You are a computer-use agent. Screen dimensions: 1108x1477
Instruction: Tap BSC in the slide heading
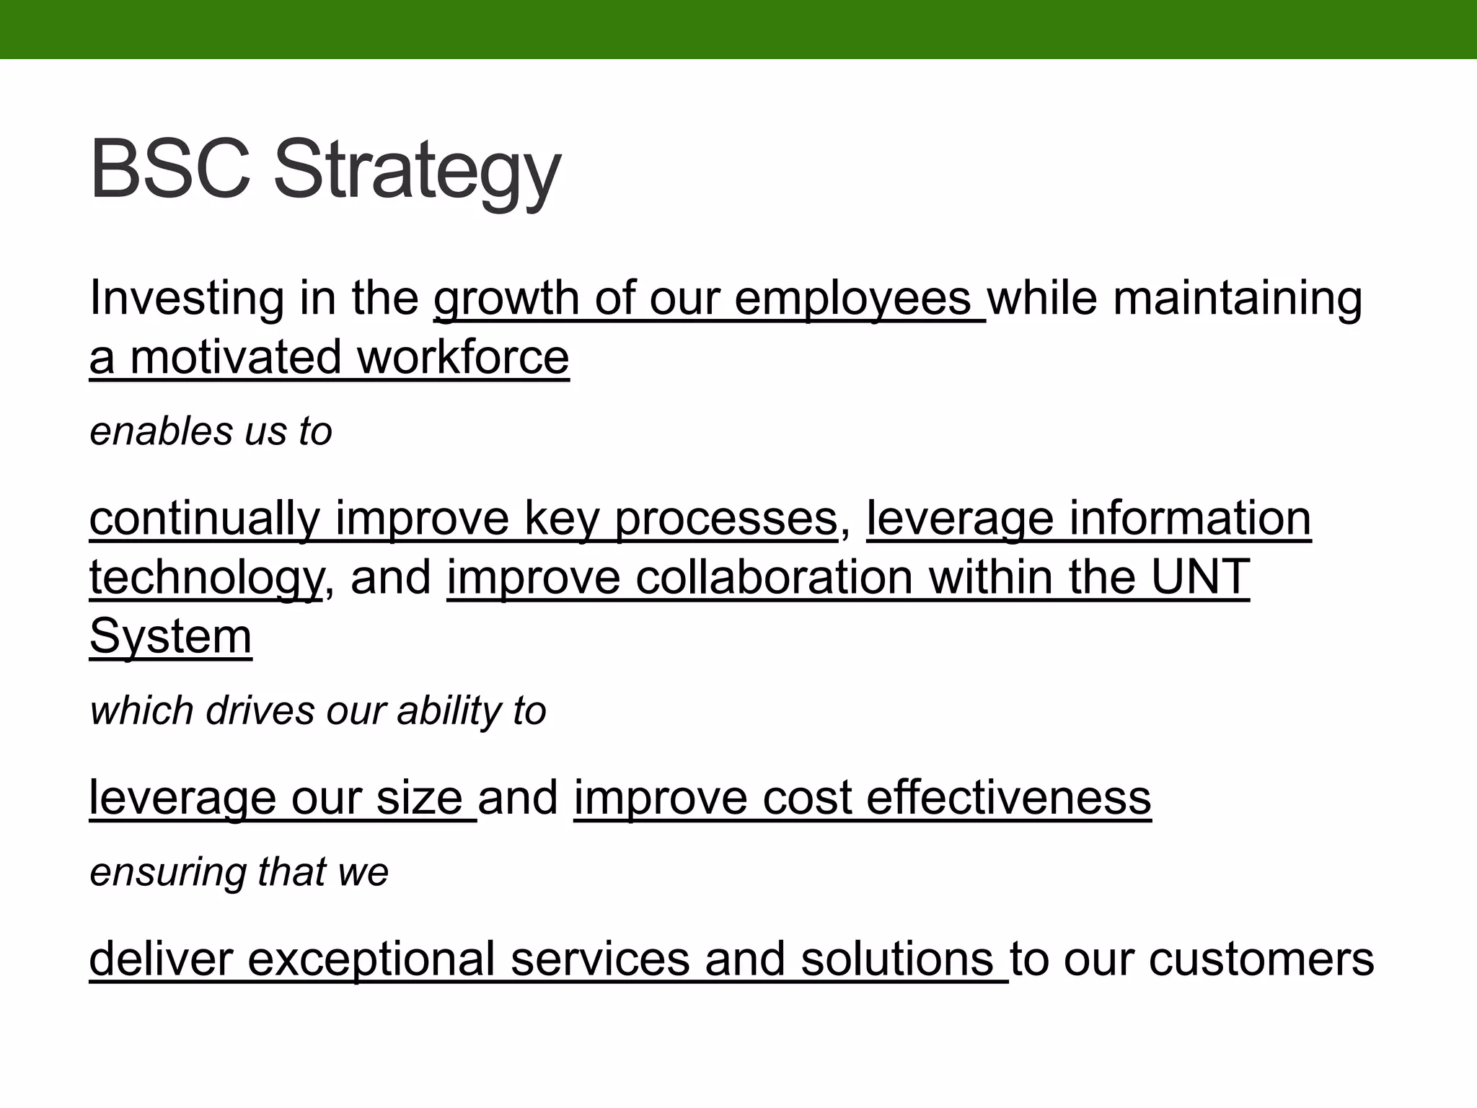pos(170,170)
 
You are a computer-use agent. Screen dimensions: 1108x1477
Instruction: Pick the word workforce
pos(463,358)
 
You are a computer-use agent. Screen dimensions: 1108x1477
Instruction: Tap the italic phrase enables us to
pos(211,432)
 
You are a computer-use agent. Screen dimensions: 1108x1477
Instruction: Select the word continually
pos(205,519)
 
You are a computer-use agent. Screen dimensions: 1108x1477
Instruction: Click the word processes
pos(726,519)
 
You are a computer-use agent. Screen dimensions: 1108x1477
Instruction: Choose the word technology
pos(206,579)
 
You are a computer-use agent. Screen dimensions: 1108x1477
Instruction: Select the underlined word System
pos(171,637)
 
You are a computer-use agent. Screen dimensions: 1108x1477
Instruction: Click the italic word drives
pos(260,711)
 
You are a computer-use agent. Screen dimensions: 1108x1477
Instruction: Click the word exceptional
pos(371,959)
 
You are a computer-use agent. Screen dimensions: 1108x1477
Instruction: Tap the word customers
pos(1261,959)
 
